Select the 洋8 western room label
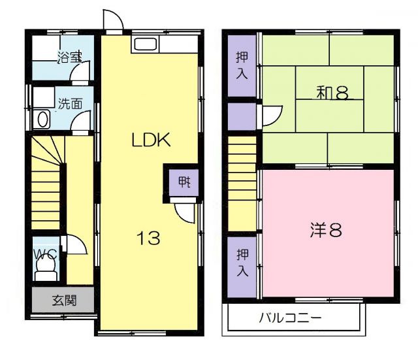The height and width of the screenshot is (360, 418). coord(326,230)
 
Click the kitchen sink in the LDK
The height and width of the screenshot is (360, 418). coord(144,45)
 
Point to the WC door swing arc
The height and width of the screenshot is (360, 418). coord(77,245)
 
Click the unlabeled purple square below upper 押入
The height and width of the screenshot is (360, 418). coord(242,115)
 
